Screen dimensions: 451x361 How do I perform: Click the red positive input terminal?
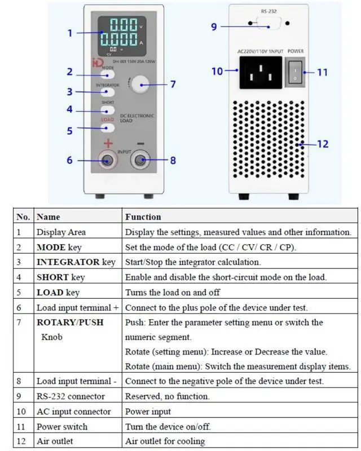[x=105, y=161]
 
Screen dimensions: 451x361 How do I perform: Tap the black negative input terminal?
[x=140, y=161]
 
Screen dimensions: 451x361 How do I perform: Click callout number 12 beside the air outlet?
[x=322, y=144]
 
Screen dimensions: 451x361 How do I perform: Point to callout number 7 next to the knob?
[x=173, y=85]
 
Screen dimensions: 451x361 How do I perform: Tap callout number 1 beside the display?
[x=70, y=33]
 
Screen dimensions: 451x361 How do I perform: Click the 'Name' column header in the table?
[x=48, y=216]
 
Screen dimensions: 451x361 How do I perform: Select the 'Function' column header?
[x=143, y=216]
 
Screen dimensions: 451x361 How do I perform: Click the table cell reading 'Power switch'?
[x=63, y=426]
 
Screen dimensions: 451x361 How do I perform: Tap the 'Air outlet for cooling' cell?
[x=165, y=441]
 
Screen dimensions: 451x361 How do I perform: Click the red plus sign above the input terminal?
[x=108, y=144]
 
